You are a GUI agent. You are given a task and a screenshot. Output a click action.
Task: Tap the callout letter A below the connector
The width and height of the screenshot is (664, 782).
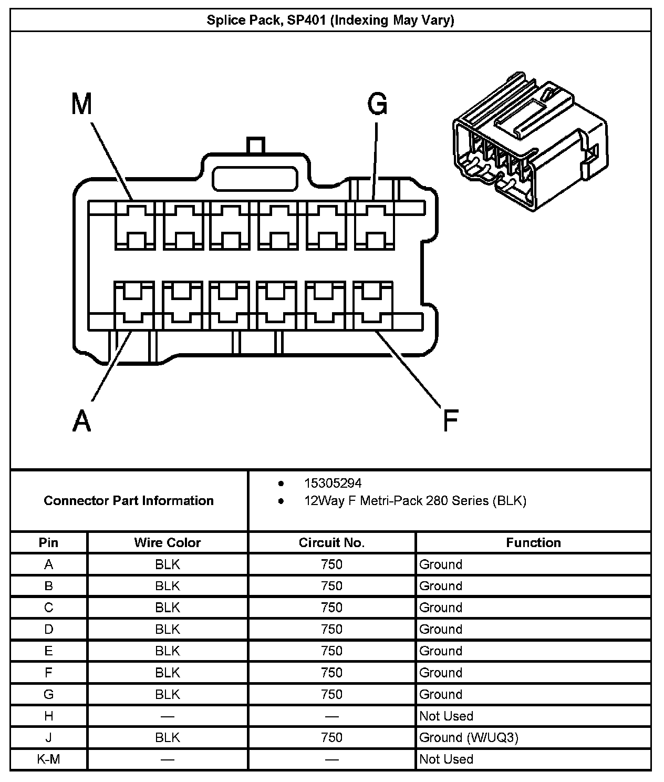(81, 420)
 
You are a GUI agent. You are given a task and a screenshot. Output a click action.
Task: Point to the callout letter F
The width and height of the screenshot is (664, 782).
(451, 420)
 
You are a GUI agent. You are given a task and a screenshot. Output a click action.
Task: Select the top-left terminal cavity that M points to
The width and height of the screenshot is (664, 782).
(134, 226)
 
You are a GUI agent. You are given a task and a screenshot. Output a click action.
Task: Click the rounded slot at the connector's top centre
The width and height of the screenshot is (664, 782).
(255, 179)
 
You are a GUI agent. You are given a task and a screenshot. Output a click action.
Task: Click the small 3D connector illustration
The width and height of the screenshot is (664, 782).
(530, 142)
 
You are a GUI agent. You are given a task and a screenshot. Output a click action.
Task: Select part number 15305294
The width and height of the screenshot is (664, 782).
(333, 483)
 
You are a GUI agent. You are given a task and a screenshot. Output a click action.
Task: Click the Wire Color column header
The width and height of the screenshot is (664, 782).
(168, 542)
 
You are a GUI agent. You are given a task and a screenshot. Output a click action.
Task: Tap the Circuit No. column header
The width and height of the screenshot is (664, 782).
(331, 542)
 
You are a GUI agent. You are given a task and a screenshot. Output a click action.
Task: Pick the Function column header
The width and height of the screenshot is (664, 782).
(533, 542)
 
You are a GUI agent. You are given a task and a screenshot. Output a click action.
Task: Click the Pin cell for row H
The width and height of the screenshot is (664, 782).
(49, 716)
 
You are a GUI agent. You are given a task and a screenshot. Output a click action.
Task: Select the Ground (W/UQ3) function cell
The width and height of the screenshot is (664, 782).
(469, 737)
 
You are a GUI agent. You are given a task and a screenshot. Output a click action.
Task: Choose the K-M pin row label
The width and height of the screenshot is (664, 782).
(49, 759)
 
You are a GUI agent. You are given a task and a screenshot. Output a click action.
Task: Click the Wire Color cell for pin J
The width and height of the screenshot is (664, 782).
(168, 737)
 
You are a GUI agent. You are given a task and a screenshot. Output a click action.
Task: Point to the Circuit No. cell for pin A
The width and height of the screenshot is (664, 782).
(331, 564)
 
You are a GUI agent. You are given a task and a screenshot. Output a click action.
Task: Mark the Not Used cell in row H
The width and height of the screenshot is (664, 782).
(446, 716)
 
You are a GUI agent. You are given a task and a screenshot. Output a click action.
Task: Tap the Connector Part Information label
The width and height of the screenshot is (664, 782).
(129, 500)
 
